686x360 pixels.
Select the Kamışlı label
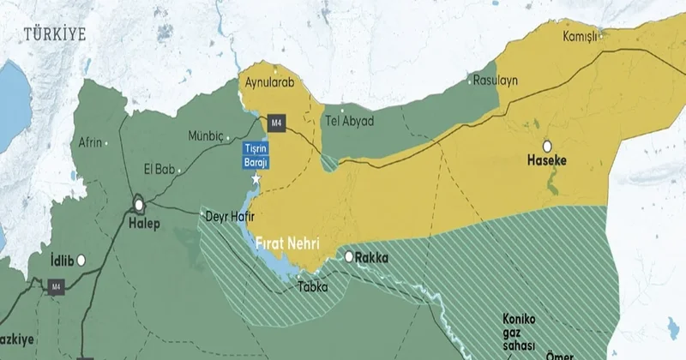[581, 38]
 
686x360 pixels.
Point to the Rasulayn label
[496, 80]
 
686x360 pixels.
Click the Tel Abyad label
[349, 121]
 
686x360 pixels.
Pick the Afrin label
[90, 142]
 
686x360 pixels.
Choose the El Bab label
[159, 169]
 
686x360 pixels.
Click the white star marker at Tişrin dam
[256, 178]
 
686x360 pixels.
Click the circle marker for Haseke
[546, 145]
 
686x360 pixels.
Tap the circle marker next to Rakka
[350, 256]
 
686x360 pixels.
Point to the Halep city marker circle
[138, 205]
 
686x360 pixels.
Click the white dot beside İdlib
[81, 259]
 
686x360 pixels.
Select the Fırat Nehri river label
[286, 243]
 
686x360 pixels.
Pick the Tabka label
[312, 287]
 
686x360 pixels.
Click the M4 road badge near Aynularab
[276, 122]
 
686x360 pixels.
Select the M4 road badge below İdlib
[57, 286]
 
